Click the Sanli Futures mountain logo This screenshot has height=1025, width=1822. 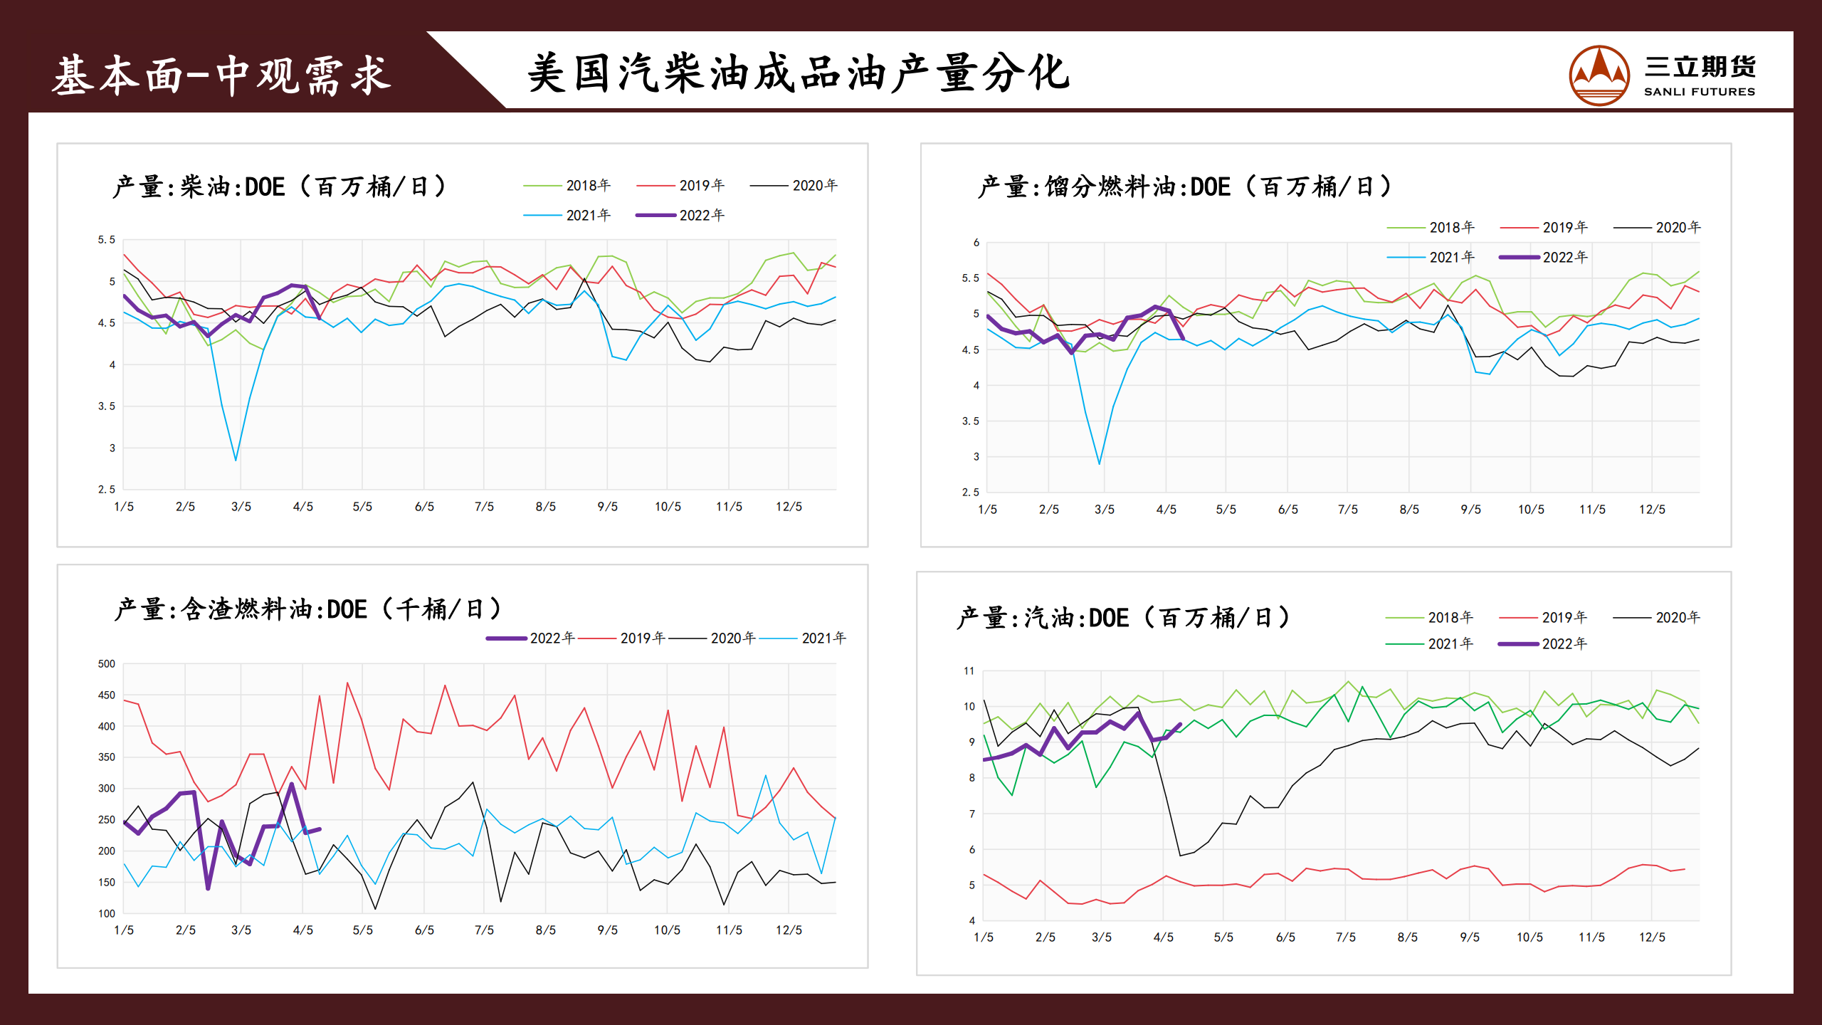click(1599, 75)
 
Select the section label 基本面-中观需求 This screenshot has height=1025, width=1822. click(221, 75)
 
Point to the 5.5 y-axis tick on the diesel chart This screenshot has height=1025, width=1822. click(106, 240)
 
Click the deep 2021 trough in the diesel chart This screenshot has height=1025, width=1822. click(236, 459)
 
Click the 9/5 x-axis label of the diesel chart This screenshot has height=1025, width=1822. click(607, 507)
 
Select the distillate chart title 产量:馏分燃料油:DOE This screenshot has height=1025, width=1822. click(1184, 186)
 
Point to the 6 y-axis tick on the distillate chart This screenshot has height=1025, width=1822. click(976, 243)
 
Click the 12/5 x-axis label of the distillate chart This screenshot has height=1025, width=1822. click(1652, 510)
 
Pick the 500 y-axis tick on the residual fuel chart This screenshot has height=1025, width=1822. click(106, 664)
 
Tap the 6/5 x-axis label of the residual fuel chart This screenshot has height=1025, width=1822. click(424, 930)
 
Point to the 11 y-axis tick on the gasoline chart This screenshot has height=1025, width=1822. click(969, 671)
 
